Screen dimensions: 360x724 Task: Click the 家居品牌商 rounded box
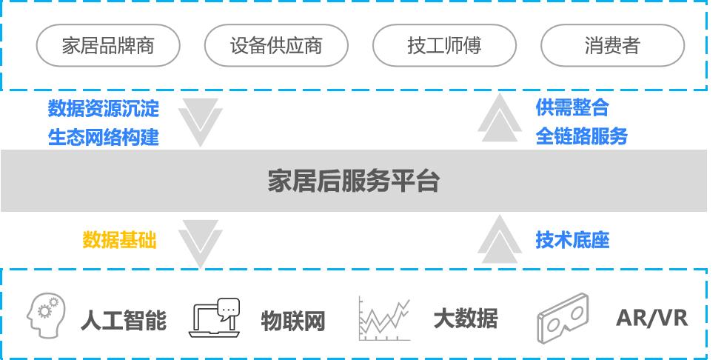(108, 46)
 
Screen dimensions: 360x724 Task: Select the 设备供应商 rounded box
(276, 46)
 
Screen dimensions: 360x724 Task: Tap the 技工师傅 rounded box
(444, 46)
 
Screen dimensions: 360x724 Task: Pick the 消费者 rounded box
(611, 46)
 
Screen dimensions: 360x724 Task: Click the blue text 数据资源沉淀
(104, 109)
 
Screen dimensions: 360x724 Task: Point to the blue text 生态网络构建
(104, 137)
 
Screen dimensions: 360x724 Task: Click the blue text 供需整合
(572, 107)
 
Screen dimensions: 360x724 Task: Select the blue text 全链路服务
(582, 136)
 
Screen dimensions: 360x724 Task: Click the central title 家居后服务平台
(354, 181)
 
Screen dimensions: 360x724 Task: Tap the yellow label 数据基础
(120, 240)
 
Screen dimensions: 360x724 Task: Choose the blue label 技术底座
(572, 240)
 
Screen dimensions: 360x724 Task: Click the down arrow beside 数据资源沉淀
(200, 121)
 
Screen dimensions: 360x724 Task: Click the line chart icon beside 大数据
(383, 319)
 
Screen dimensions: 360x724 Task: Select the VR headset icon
(562, 318)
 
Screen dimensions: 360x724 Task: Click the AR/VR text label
(651, 319)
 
